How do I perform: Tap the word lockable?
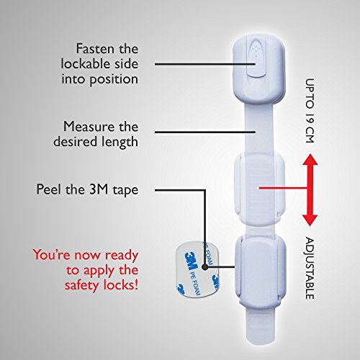click(x=86, y=64)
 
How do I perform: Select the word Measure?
click(x=89, y=127)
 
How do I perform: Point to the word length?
click(x=120, y=142)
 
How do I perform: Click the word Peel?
click(x=49, y=189)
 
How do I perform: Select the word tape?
click(x=125, y=191)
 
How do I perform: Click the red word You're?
click(x=52, y=255)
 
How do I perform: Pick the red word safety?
click(x=82, y=286)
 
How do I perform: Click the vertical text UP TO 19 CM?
click(x=310, y=111)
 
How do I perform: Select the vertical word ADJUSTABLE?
click(x=310, y=269)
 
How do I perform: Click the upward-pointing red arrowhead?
click(x=310, y=160)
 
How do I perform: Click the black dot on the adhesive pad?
click(x=204, y=267)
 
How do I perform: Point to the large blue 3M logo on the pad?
click(x=192, y=261)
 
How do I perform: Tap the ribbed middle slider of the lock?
click(x=260, y=189)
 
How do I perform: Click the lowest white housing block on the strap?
click(x=261, y=272)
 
